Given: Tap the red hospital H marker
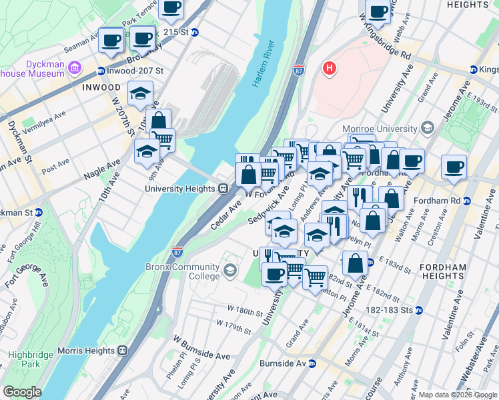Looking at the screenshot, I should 329,68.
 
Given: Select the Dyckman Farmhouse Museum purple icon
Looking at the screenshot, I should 74,68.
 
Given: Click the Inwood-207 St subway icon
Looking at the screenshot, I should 101,71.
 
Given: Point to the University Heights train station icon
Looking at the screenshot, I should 225,189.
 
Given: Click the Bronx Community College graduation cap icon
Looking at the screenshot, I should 230,270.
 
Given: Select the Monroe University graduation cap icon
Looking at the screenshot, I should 426,129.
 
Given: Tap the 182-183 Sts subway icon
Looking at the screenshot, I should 418,310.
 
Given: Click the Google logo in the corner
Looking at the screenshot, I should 21,392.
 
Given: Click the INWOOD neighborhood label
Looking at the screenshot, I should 101,87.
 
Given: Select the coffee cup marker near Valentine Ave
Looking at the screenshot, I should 454,167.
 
